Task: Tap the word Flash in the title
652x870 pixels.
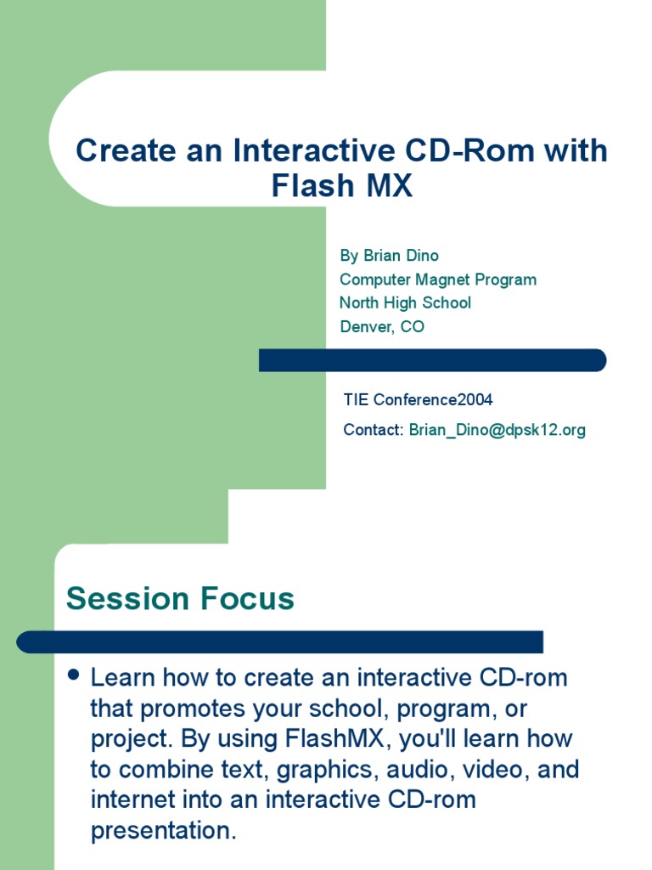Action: (312, 185)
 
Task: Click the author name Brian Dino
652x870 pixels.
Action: (401, 255)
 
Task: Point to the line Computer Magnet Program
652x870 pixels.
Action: (438, 280)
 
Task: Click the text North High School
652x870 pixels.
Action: (405, 303)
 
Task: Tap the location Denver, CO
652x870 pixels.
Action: (382, 326)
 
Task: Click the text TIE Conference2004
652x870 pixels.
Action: (418, 399)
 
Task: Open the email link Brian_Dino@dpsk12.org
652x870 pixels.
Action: (497, 430)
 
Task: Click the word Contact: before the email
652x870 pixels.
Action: (374, 429)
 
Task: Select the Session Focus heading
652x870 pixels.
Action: (180, 598)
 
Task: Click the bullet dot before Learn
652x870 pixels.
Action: (73, 675)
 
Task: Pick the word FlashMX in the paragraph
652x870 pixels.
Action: (334, 738)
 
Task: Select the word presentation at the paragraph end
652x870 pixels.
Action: (164, 832)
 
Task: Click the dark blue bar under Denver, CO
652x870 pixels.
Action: (432, 360)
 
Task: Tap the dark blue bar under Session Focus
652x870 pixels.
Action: (279, 642)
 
